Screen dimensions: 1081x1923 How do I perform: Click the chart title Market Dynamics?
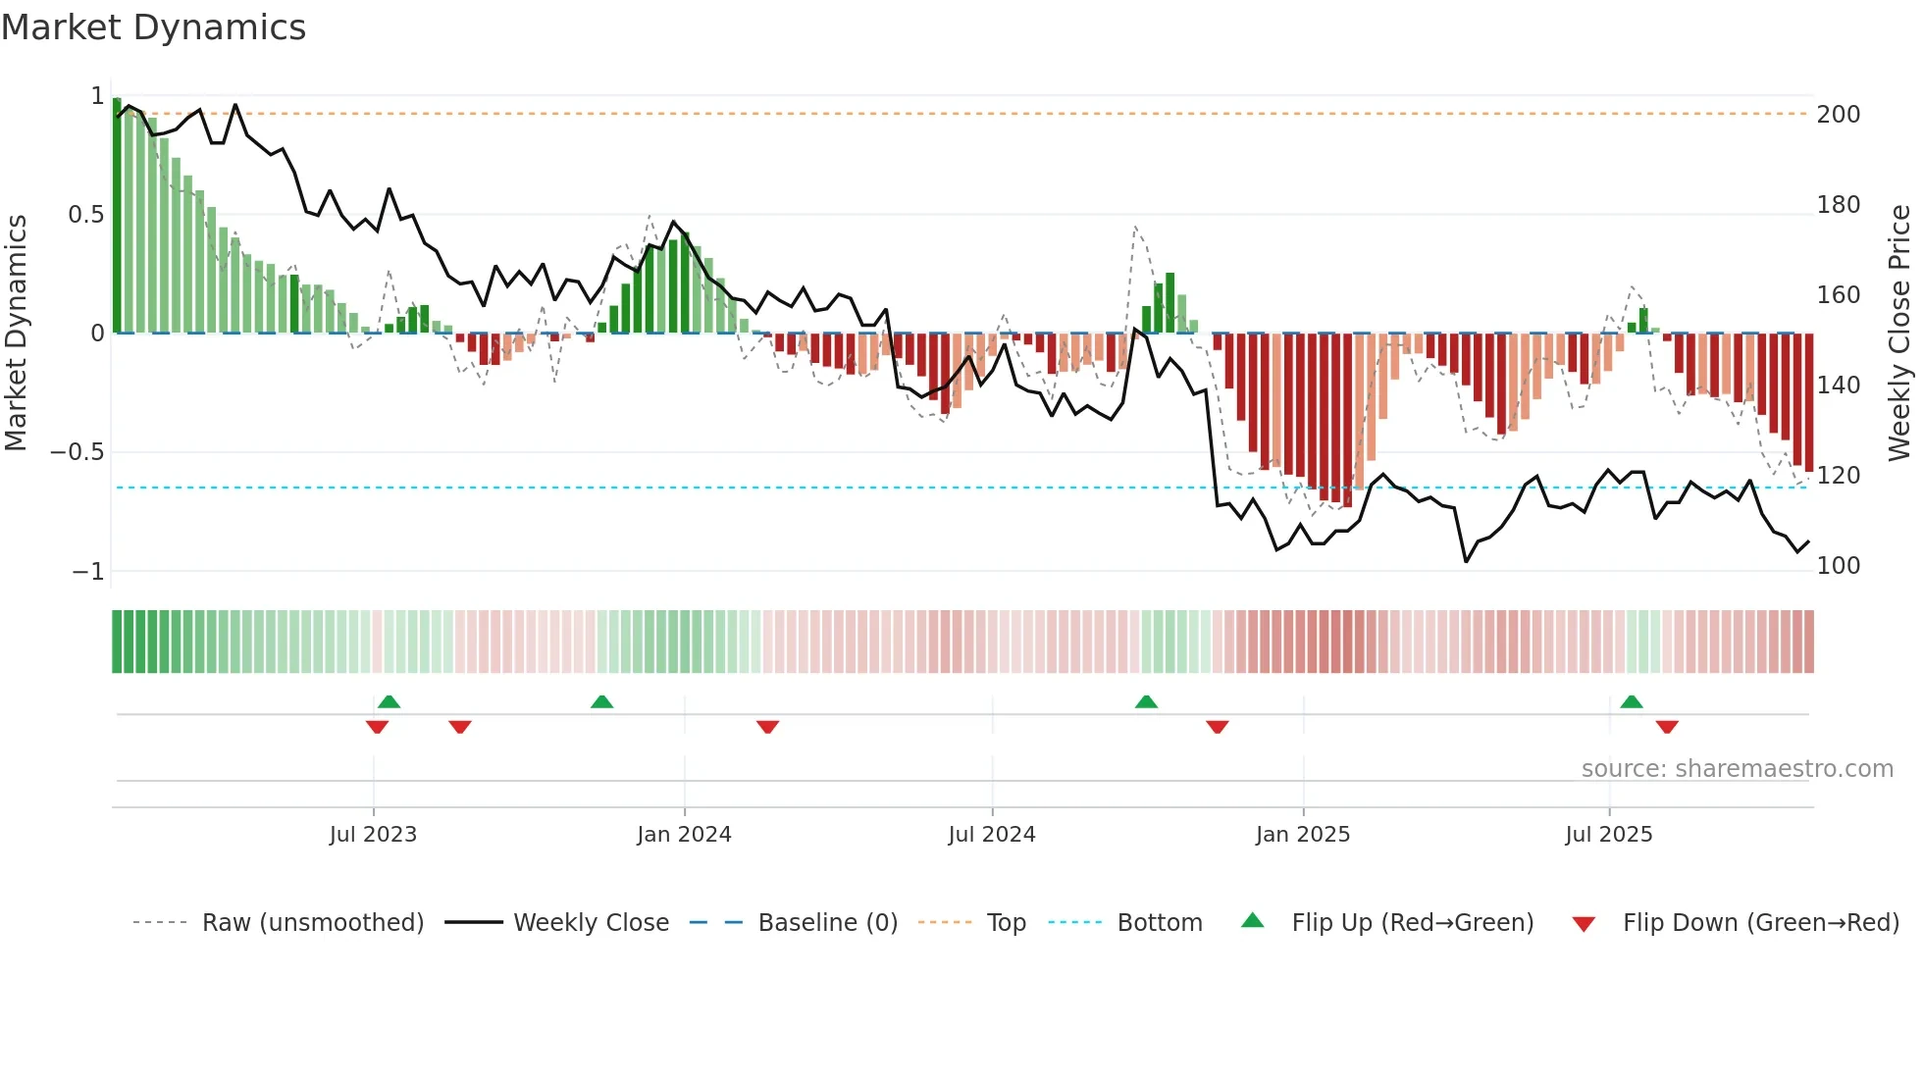click(153, 27)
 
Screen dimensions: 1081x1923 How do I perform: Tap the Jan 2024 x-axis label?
click(684, 834)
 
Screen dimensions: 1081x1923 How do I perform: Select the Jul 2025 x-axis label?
click(1608, 834)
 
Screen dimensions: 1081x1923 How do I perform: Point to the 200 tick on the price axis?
click(1838, 115)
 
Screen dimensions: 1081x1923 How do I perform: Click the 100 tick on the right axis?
click(1838, 566)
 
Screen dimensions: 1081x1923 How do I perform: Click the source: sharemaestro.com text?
click(1737, 769)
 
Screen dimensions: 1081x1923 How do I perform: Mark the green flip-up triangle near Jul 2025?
click(1631, 702)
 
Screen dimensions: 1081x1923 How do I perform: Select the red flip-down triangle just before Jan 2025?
click(1217, 727)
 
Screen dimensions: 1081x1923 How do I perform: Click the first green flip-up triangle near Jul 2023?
click(389, 702)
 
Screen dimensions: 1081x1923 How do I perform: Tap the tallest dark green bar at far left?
click(117, 216)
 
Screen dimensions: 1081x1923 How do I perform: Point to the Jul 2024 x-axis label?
click(991, 834)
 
